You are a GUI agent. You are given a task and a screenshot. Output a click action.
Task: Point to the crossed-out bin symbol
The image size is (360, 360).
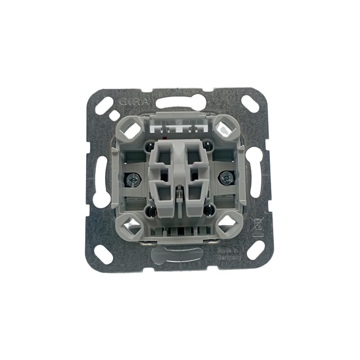tap(257, 225)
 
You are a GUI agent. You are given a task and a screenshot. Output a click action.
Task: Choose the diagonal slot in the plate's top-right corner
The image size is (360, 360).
tap(250, 103)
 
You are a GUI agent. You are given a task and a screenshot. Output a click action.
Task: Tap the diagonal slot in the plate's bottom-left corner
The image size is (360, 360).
tap(103, 255)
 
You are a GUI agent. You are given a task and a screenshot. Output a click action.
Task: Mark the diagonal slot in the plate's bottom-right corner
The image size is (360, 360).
tap(256, 250)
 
